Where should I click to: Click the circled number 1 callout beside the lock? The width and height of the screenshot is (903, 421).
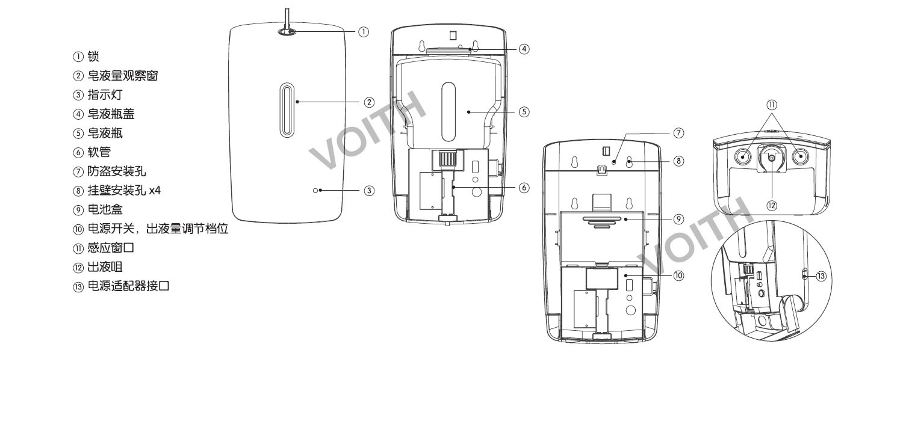363,32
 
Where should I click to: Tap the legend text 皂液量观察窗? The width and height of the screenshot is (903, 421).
123,76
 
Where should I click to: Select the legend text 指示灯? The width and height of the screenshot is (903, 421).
105,95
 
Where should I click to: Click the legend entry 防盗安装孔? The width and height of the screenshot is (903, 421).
117,171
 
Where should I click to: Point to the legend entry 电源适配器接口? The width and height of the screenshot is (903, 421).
128,286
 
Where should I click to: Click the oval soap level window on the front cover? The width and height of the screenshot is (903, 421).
287,110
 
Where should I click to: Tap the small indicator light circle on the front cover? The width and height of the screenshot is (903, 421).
315,190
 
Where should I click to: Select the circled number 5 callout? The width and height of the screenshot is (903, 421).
524,112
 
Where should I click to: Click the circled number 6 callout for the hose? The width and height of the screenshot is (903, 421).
524,187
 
